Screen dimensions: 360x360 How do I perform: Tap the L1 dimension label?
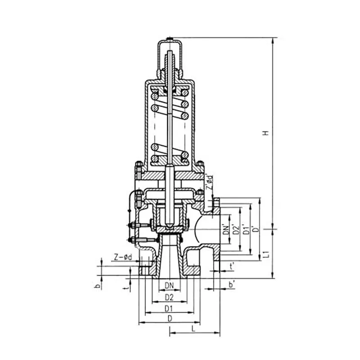266,254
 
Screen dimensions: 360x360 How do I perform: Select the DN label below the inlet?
169,286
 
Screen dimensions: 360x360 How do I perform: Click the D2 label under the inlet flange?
169,297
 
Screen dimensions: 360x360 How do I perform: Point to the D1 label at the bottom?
169,309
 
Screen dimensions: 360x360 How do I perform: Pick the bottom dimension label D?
170,319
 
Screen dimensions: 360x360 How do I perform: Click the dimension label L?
193,329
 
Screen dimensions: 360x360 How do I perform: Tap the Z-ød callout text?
123,257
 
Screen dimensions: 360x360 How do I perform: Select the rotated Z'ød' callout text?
209,182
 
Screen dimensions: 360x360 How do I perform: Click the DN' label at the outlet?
227,229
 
